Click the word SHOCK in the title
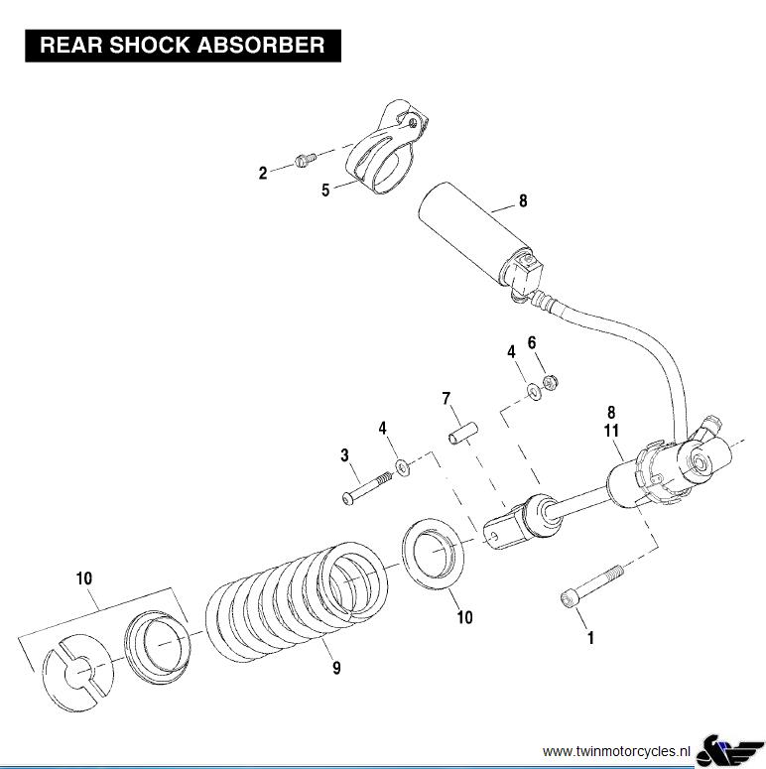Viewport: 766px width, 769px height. coord(150,45)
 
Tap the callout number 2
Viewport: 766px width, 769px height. coord(263,173)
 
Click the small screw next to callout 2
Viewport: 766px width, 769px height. coord(306,160)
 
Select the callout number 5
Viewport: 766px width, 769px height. coord(325,191)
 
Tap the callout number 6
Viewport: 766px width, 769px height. coord(532,342)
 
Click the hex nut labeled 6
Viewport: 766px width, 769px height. coord(551,382)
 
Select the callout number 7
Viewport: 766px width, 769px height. coord(447,398)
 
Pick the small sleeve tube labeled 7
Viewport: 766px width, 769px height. coord(463,433)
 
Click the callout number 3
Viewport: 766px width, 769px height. coord(344,455)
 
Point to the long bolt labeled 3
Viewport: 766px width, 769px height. coord(367,488)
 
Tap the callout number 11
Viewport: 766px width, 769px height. coord(611,430)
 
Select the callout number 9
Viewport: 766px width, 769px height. coord(336,668)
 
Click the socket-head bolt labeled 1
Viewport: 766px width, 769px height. coord(592,585)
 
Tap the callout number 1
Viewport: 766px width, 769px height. coord(591,638)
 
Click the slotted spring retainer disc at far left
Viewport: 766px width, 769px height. coord(77,673)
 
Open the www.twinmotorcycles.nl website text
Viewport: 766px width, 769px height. coord(616,751)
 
